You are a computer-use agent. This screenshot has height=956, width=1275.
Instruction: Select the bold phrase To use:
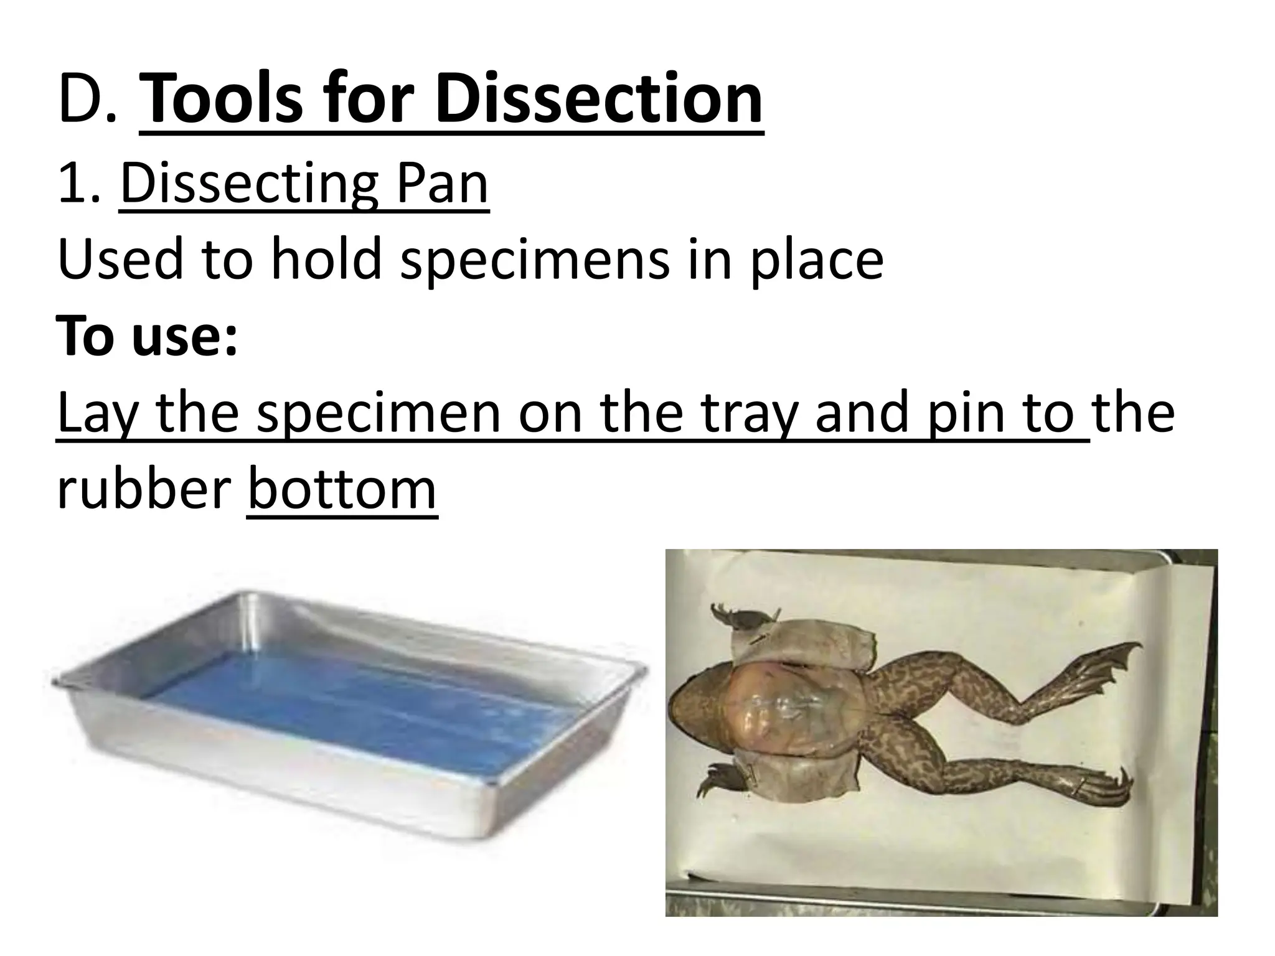coord(148,336)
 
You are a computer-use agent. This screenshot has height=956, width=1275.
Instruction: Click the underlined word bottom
coord(342,489)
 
